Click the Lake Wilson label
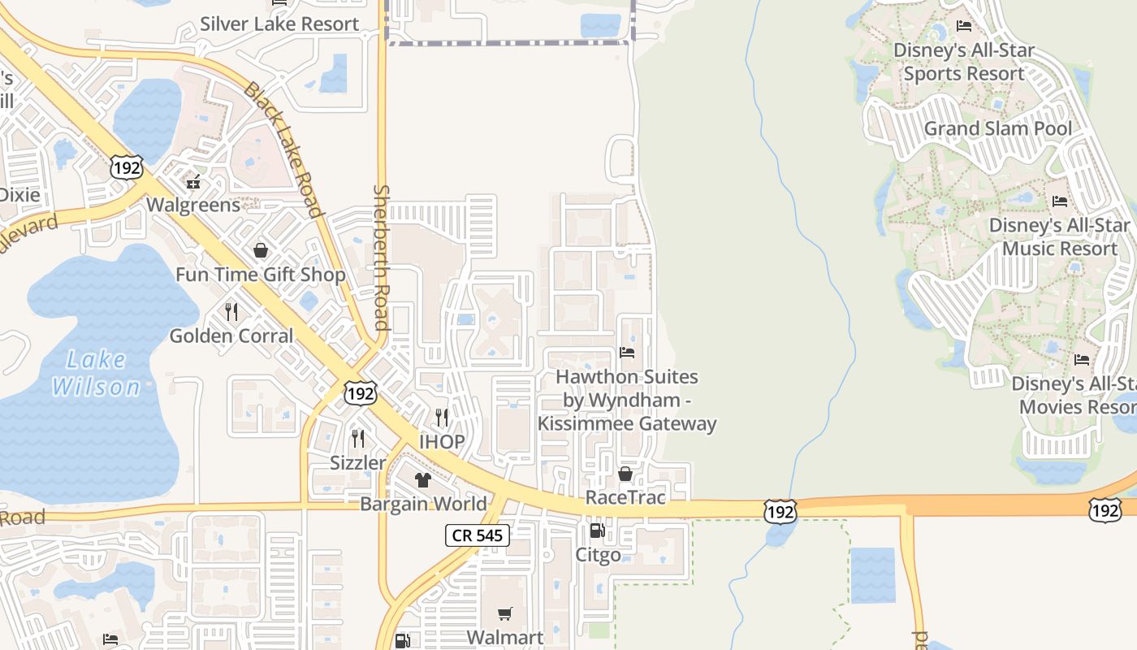click(x=96, y=373)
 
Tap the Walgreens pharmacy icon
click(x=193, y=182)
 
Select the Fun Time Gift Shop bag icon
click(x=261, y=250)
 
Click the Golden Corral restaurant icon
click(x=231, y=311)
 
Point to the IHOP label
click(x=442, y=442)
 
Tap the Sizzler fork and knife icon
click(x=358, y=439)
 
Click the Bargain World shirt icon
click(x=422, y=480)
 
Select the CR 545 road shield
click(x=478, y=535)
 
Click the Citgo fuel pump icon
click(x=597, y=531)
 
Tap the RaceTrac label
click(x=625, y=497)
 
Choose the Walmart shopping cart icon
click(x=505, y=613)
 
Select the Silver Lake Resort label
click(x=279, y=24)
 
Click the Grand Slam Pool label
click(x=998, y=128)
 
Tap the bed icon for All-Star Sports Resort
click(x=964, y=26)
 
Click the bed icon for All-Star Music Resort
click(x=1060, y=201)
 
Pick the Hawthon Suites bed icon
click(x=627, y=353)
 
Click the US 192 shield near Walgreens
click(x=127, y=168)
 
